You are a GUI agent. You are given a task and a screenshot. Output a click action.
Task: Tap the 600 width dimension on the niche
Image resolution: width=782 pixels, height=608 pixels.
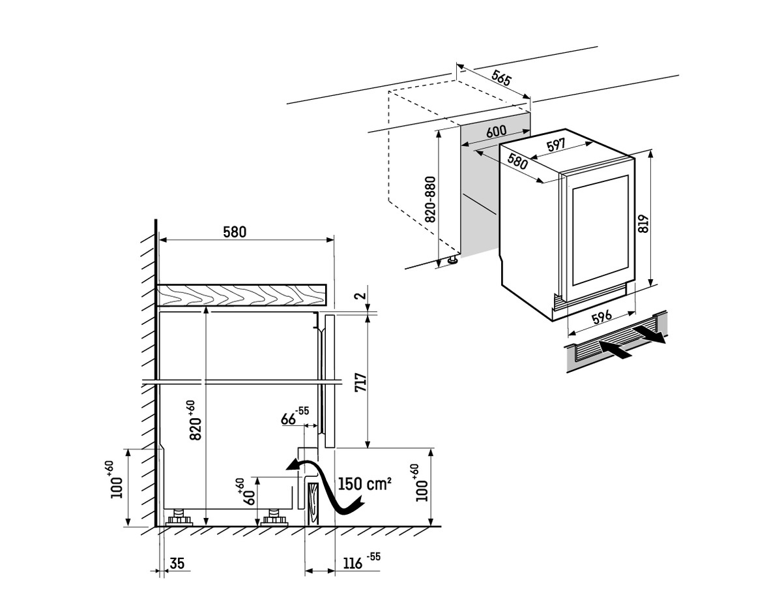(496, 131)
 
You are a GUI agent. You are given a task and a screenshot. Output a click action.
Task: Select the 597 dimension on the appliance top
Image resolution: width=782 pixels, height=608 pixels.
(555, 146)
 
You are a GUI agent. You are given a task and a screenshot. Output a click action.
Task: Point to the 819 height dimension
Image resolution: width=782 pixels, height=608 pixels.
(644, 224)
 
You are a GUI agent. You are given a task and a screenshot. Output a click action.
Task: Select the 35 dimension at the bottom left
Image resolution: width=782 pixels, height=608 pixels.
(177, 562)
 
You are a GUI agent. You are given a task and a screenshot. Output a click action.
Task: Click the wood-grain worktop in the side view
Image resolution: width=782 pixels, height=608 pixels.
(241, 295)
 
